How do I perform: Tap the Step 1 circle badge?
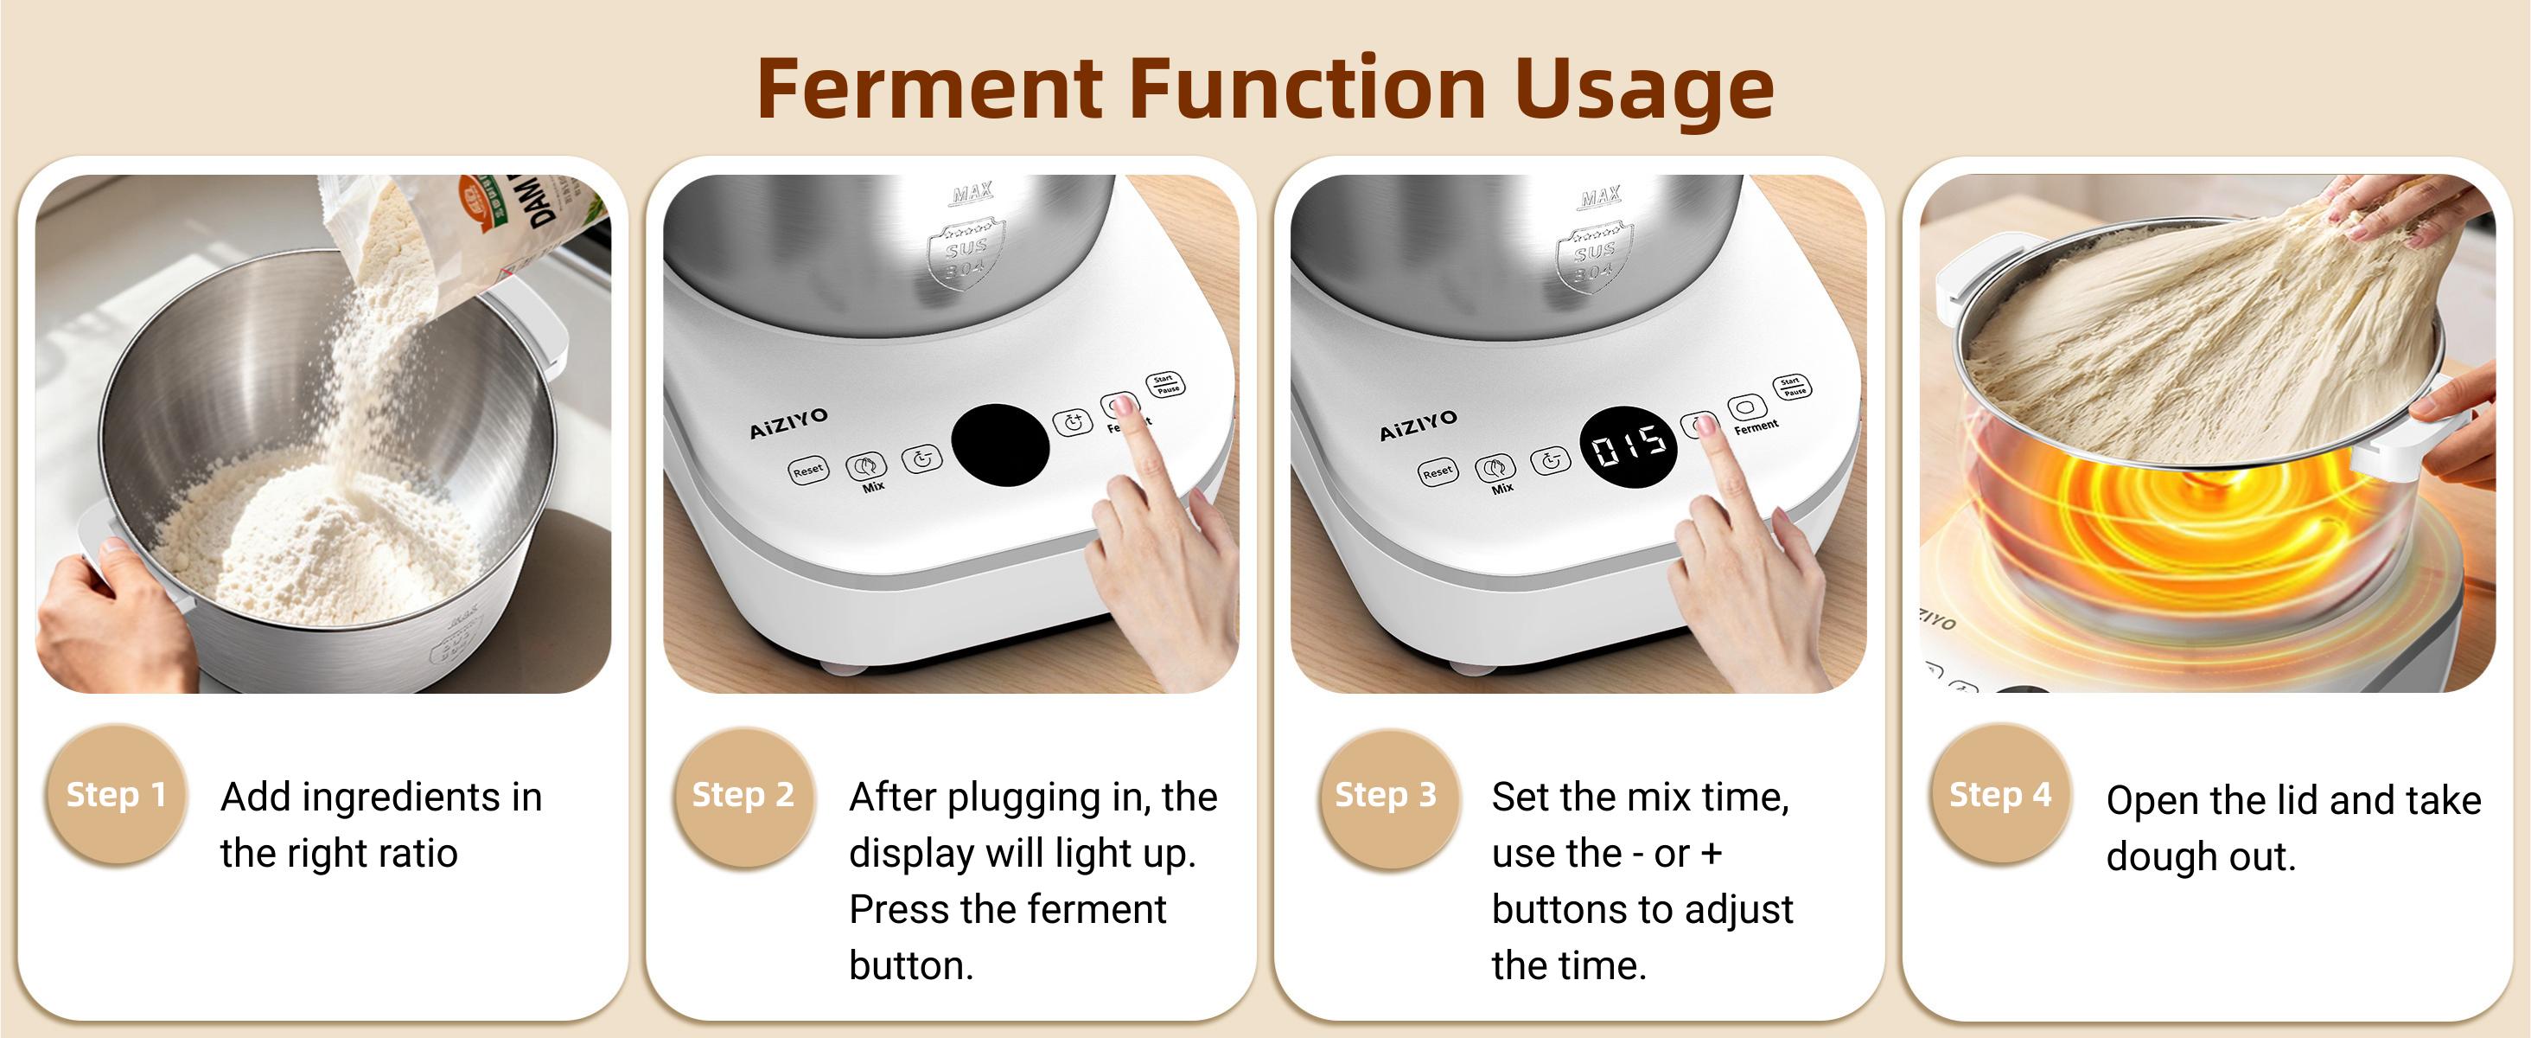[116, 794]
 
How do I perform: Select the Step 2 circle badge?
[743, 795]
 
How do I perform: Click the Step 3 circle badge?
[1386, 795]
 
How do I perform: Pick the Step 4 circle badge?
[2000, 794]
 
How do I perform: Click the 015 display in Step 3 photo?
[1628, 448]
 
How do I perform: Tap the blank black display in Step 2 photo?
[999, 445]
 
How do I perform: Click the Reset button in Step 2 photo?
[807, 471]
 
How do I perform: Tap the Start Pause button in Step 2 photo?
[1165, 384]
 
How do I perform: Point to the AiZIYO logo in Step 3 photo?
[1418, 426]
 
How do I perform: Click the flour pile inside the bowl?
[315, 541]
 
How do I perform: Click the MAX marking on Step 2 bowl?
[972, 192]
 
